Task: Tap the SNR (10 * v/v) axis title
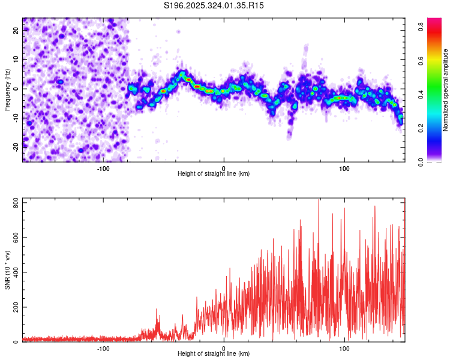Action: tap(7, 270)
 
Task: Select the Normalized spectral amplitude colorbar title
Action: tap(446, 90)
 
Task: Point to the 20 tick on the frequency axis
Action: tap(16, 29)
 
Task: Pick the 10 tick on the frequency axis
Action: tap(16, 59)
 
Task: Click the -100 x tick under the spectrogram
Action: tap(103, 167)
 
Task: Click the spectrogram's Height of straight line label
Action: tap(214, 173)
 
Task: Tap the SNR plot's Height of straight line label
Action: tap(214, 353)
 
